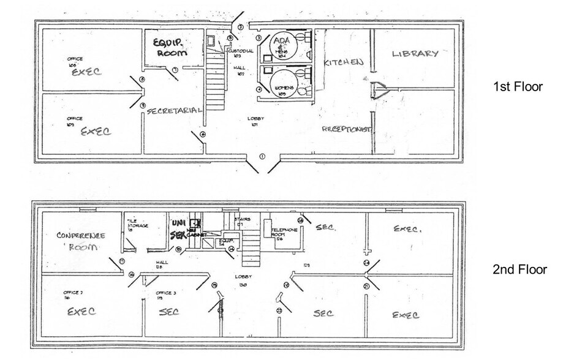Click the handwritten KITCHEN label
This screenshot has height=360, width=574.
coord(344,62)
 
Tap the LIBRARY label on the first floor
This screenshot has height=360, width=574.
coord(415,54)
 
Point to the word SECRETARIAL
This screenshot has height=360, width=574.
coord(175,111)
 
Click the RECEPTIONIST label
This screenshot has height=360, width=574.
coord(347,129)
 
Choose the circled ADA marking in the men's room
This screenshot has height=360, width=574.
coord(281,41)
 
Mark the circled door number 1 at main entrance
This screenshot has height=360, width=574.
coord(262,156)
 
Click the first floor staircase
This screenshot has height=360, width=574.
coord(216,80)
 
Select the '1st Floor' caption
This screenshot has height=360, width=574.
coord(518,87)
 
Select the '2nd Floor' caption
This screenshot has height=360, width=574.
coord(519,269)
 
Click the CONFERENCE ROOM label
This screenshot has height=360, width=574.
coord(81,241)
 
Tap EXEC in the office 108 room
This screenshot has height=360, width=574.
coord(86,72)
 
